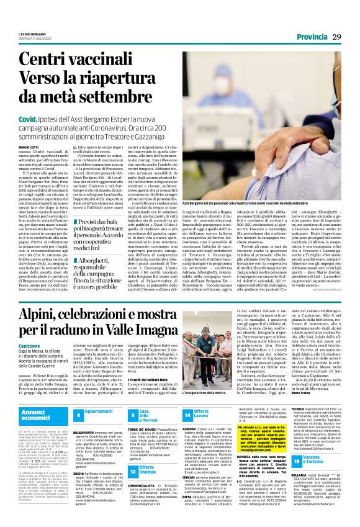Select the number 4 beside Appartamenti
78,414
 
